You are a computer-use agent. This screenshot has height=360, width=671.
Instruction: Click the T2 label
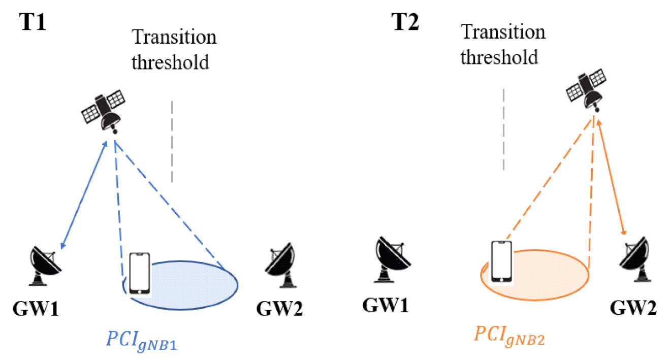coord(405,23)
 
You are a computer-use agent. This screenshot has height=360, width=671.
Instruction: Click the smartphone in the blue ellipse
coord(140,274)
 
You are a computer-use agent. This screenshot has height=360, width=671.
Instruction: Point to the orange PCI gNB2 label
coord(509,336)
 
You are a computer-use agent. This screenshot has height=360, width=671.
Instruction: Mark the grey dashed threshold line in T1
coord(172,141)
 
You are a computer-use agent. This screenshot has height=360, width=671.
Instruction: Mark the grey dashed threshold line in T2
coord(503,129)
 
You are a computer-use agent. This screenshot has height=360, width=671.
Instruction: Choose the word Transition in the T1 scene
coord(174,37)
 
